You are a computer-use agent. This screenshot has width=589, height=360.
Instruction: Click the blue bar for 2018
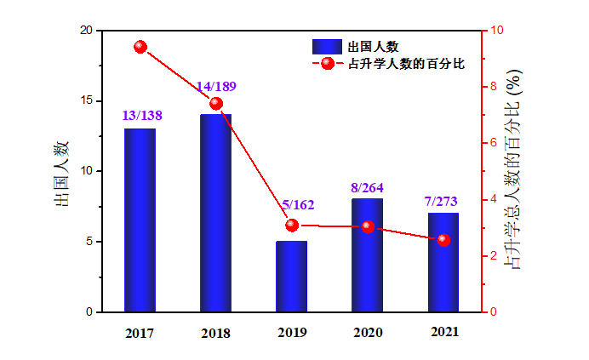pyautogui.click(x=215, y=213)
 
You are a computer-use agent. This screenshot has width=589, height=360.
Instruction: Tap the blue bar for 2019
pyautogui.click(x=291, y=277)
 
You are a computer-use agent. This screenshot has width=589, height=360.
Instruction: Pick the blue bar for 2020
pyautogui.click(x=367, y=255)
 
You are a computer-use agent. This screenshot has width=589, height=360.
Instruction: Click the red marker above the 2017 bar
pyautogui.click(x=140, y=47)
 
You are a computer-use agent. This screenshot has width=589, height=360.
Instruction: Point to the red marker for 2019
pyautogui.click(x=292, y=226)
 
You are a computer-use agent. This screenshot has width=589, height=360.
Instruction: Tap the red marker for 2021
pyautogui.click(x=443, y=240)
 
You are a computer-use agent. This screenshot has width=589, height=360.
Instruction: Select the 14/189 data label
pyautogui.click(x=216, y=87)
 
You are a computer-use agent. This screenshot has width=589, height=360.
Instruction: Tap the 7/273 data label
pyautogui.click(x=441, y=202)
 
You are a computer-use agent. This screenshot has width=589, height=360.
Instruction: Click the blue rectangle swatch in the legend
pyautogui.click(x=326, y=46)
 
